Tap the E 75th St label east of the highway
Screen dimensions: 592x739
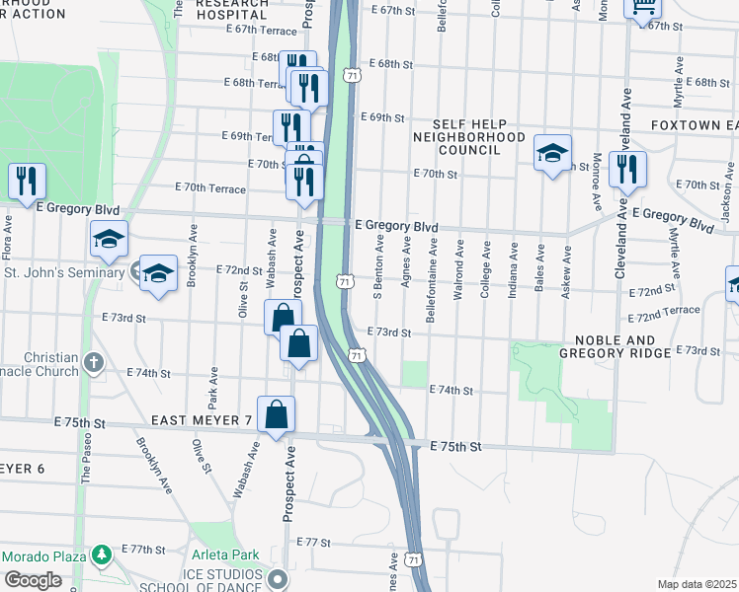455,447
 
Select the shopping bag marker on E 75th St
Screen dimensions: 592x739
277,415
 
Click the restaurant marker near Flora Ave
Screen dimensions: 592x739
27,181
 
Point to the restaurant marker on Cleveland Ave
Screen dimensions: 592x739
627,170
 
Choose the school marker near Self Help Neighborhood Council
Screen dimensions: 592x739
553,153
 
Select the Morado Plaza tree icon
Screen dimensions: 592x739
100,555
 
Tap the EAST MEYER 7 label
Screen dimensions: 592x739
202,421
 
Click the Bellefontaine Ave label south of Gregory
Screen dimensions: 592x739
432,265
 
